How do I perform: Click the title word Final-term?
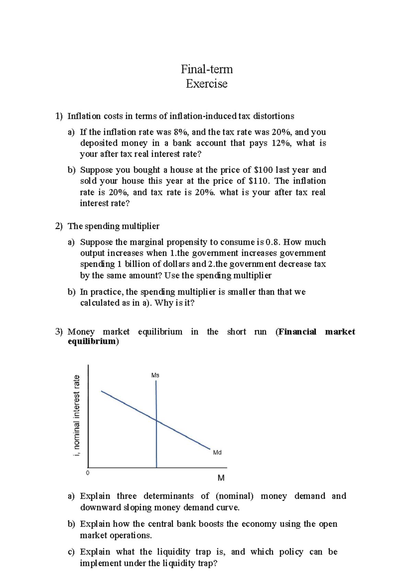pyautogui.click(x=207, y=69)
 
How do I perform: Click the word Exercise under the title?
pyautogui.click(x=207, y=84)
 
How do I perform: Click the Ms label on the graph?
pyautogui.click(x=155, y=375)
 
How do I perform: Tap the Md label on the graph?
pyautogui.click(x=217, y=453)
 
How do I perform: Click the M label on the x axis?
pyautogui.click(x=221, y=478)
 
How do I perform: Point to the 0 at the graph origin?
pyautogui.click(x=88, y=473)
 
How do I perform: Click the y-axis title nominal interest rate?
pyautogui.click(x=77, y=416)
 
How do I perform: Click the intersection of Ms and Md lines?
pyautogui.click(x=156, y=420)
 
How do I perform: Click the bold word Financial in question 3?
pyautogui.click(x=297, y=332)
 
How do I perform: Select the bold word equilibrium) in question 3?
pyautogui.click(x=93, y=341)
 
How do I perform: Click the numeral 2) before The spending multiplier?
pyautogui.click(x=59, y=226)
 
